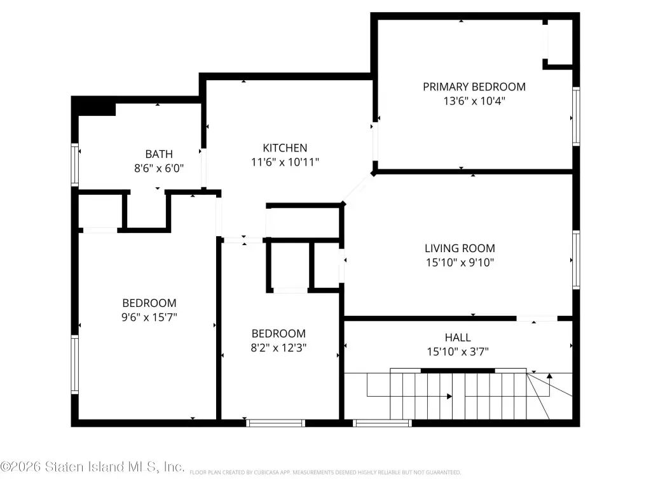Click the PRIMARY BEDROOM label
[x=474, y=87]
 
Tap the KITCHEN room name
[x=285, y=148]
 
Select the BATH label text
[x=159, y=154]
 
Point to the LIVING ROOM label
[x=460, y=248]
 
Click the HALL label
[x=458, y=337]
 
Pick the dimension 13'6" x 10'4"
[x=474, y=101]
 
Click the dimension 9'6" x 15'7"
[x=149, y=317]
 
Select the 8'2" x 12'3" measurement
[x=278, y=348]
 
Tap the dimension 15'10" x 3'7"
[x=458, y=351]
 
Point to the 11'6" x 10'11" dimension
[x=285, y=162]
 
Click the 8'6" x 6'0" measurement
[x=159, y=168]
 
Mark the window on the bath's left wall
[x=75, y=165]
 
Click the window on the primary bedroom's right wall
[x=576, y=116]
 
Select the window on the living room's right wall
[x=576, y=260]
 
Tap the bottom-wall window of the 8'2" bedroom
[x=276, y=423]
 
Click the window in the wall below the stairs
[x=382, y=423]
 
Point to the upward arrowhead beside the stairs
[x=549, y=376]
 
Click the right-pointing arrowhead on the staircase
[x=449, y=396]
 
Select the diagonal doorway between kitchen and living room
[x=358, y=188]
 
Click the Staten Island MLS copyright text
[x=92, y=467]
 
